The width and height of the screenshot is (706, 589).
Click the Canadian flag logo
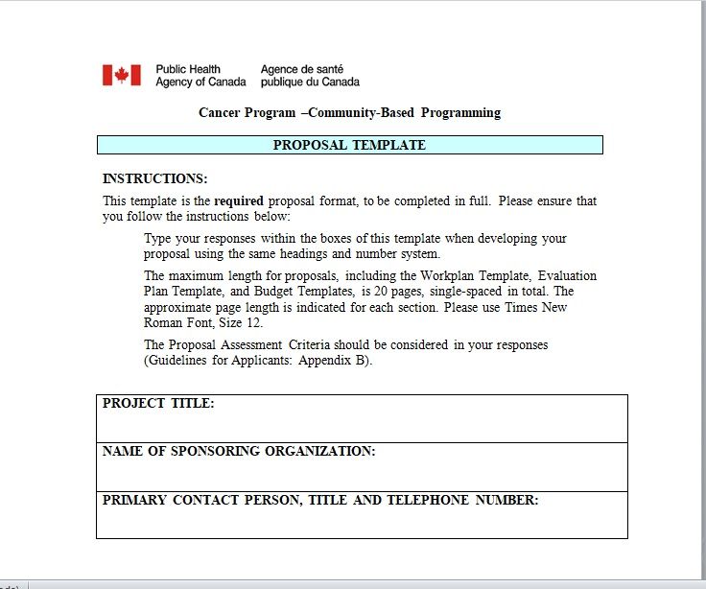coord(122,75)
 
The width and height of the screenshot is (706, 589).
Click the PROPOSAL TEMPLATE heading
coord(349,145)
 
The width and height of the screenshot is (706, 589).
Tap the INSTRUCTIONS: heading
coord(154,178)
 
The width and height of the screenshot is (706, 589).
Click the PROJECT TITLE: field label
coord(158,404)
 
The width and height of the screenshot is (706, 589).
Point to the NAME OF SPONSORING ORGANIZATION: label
coord(239,452)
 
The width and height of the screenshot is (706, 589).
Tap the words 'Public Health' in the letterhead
coord(188,69)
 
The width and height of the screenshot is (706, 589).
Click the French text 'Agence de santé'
coord(302,69)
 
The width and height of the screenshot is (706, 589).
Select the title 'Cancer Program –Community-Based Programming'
coord(349,113)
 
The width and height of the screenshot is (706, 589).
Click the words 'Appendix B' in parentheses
coord(332,361)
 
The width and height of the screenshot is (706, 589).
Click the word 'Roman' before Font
coord(164,323)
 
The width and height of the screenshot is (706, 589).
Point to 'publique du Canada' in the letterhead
coord(310,82)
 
